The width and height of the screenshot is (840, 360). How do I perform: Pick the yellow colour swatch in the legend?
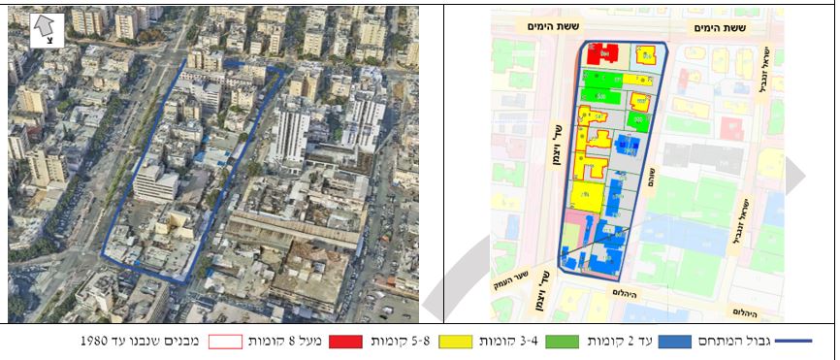[454, 342]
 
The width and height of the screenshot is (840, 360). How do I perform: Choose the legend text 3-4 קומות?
[505, 342]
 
